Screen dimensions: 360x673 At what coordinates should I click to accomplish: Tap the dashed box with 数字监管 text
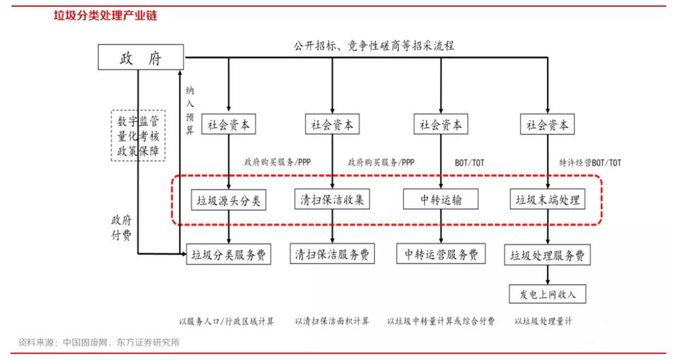point(138,136)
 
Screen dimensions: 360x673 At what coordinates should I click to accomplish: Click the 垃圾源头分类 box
point(229,201)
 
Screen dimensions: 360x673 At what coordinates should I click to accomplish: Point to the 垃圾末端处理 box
point(548,200)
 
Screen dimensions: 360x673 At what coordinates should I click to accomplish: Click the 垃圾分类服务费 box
point(229,254)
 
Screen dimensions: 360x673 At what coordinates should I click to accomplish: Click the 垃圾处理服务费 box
point(548,255)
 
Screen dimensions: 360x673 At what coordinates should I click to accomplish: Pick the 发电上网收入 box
point(548,294)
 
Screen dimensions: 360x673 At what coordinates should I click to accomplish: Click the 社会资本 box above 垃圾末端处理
point(548,125)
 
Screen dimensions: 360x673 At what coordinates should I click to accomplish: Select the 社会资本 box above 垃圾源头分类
point(229,125)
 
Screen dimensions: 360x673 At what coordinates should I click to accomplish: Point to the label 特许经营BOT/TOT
point(590,163)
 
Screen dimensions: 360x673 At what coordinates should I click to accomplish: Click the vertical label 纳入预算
point(190,110)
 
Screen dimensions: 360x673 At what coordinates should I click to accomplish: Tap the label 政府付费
point(121,228)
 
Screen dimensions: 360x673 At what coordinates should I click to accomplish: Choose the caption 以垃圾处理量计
point(543,321)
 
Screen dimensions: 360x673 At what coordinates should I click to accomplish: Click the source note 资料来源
point(100,343)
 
